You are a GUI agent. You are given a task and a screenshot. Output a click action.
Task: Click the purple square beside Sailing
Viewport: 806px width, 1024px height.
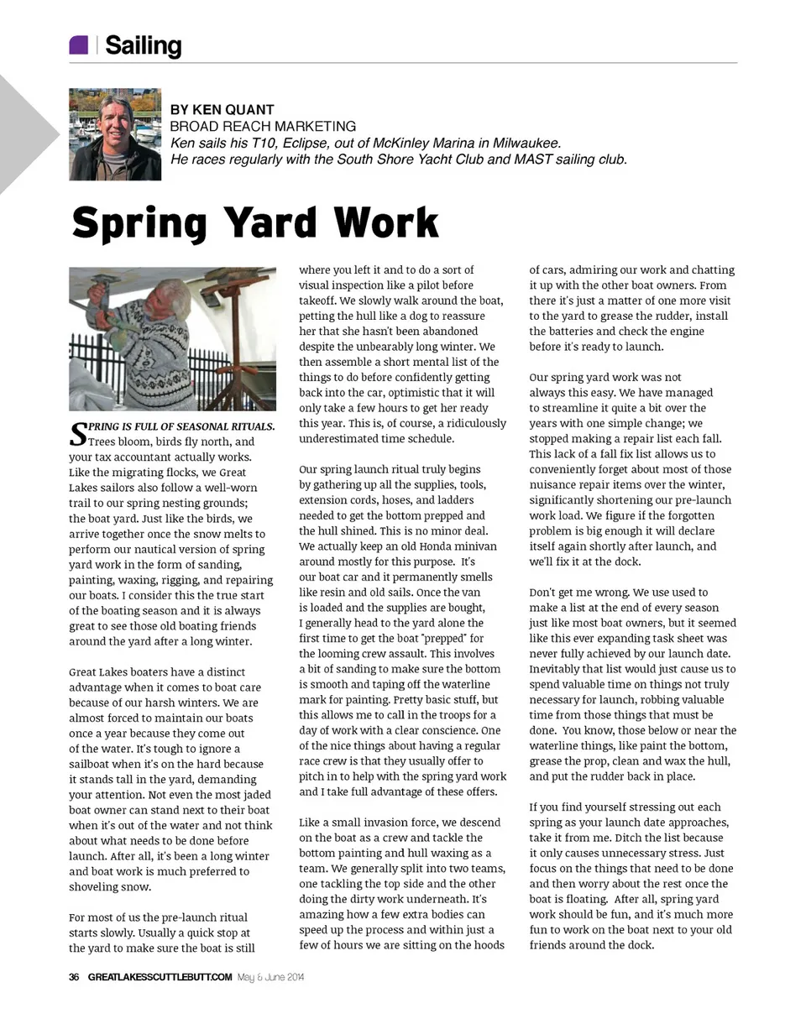coord(78,45)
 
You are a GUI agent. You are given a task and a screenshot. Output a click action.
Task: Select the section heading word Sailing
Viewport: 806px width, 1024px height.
coord(143,46)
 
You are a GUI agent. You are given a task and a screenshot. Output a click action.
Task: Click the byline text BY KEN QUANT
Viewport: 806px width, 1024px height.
coord(222,110)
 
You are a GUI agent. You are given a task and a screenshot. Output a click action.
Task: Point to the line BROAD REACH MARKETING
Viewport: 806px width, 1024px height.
coord(263,126)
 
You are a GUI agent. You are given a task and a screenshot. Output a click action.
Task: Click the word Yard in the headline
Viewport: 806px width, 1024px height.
coord(270,223)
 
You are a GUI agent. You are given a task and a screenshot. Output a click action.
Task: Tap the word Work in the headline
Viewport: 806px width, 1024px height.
coord(385,223)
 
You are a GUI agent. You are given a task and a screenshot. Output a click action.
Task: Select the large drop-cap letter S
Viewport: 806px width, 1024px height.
coord(77,433)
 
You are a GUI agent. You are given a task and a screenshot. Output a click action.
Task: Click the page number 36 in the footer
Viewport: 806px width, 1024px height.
coord(74,977)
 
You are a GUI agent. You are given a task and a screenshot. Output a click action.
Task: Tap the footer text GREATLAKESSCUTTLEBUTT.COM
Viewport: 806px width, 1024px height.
coord(160,977)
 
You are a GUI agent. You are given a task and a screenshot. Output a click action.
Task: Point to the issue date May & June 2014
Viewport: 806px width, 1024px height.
coord(270,977)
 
